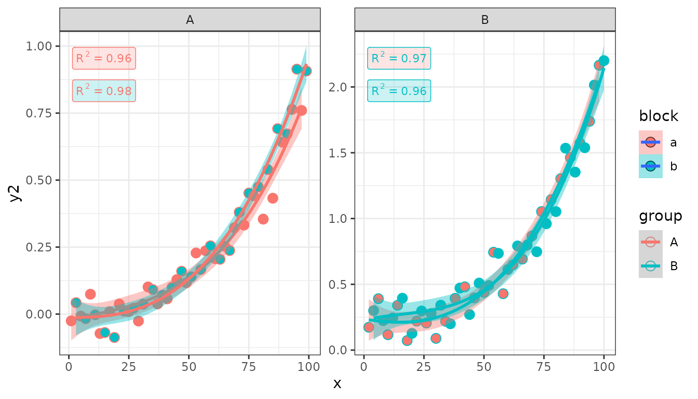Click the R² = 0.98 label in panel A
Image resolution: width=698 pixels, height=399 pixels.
point(104,91)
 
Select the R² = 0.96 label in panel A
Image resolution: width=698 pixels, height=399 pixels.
point(104,59)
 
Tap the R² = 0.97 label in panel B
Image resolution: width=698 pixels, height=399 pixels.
point(399,59)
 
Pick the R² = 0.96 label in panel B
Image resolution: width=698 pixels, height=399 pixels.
point(399,91)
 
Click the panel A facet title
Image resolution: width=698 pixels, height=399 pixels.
point(190,20)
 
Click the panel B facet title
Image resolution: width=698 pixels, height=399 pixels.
point(485,20)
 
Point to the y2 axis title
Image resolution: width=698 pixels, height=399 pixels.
point(16,193)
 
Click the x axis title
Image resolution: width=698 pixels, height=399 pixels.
point(338,384)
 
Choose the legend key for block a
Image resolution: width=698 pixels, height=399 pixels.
point(650,142)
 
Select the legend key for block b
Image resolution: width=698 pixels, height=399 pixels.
point(650,166)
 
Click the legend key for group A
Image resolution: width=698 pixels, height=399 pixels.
point(650,242)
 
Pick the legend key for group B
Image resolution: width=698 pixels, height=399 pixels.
point(650,266)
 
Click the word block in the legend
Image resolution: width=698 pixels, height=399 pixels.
point(659,116)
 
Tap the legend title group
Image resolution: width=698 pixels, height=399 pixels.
point(660,216)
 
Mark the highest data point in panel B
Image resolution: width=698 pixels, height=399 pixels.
point(604,61)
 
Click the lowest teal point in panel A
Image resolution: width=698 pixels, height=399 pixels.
point(114,337)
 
